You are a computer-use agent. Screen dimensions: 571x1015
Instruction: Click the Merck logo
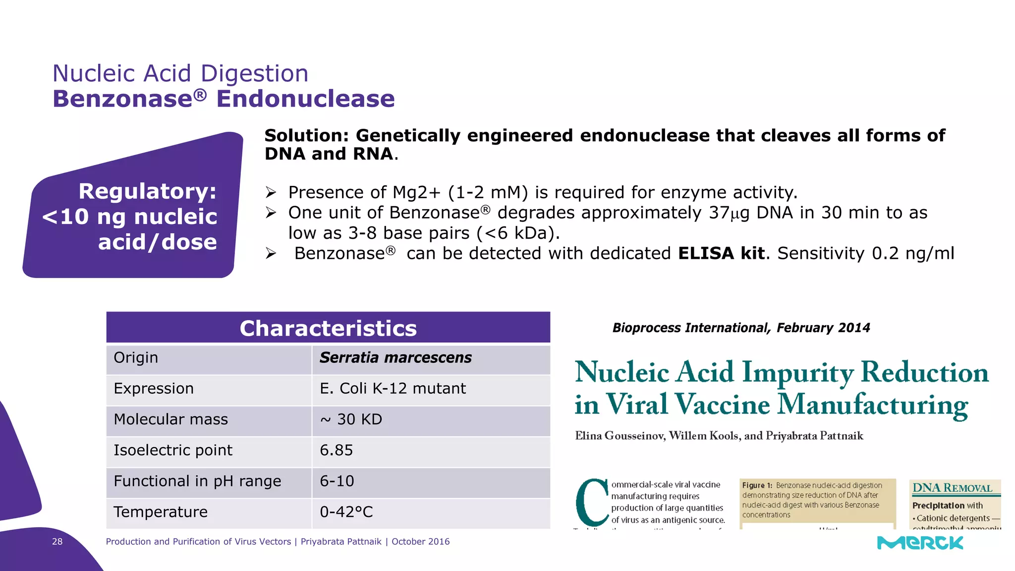920,543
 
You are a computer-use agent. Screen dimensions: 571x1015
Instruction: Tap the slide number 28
57,542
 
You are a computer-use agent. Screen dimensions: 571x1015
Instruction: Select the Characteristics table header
328,328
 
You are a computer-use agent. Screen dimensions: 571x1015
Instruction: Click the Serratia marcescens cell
395,358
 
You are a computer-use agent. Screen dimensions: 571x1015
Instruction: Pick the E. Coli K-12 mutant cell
393,389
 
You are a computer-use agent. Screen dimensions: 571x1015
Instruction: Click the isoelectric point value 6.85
336,450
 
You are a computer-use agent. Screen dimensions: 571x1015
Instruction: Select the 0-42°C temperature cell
346,512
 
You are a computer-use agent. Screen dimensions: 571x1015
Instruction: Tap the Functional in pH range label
197,481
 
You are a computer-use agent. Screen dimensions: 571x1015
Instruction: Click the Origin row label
136,358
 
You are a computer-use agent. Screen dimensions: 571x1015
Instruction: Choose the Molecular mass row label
170,419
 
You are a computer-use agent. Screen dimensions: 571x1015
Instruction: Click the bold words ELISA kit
721,253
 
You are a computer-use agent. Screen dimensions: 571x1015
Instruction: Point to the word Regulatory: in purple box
148,191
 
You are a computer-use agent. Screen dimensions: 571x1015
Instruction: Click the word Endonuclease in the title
305,99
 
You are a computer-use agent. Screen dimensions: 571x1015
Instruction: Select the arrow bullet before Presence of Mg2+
271,192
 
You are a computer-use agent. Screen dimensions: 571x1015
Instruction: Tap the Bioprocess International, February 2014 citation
741,328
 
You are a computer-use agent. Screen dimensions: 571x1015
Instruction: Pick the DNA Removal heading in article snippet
952,488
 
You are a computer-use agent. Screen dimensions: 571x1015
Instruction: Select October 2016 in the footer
420,542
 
